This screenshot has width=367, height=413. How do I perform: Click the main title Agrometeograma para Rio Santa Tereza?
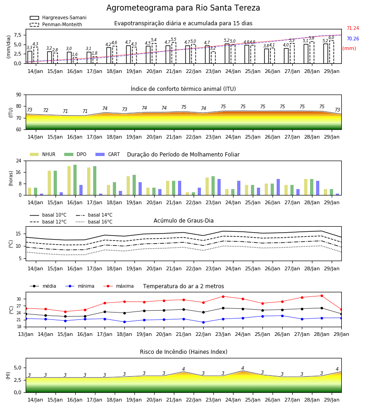pos(183,8)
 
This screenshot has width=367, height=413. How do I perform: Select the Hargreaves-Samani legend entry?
pos(58,17)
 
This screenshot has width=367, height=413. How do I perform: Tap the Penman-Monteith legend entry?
pos(56,24)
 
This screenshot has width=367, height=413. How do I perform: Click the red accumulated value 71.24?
pos(353,28)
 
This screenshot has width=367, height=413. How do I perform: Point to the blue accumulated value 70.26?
pos(353,39)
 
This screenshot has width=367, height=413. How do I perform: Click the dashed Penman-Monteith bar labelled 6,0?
pos(332,52)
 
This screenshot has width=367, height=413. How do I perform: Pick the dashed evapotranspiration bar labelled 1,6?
pos(75,60)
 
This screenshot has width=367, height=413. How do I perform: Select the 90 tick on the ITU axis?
pos(19,95)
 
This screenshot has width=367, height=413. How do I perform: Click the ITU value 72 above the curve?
pos(45,110)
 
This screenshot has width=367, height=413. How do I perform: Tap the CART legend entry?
pos(108,154)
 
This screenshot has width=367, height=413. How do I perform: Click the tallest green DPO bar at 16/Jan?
pos(75,180)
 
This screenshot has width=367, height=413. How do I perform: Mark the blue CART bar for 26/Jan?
pos(278,187)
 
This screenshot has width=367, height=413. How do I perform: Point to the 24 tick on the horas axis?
pos(19,161)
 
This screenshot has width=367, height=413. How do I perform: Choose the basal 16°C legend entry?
pos(94,222)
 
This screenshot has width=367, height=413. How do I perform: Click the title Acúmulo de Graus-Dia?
pos(183,221)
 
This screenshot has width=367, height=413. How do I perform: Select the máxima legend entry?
pos(119,286)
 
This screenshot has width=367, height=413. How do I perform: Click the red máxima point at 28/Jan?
pos(322,296)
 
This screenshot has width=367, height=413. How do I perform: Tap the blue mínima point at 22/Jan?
pos(203,322)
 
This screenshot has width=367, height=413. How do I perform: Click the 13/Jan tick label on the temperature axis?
pos(26,334)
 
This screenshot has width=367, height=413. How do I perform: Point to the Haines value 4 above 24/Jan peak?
pos(243,368)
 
